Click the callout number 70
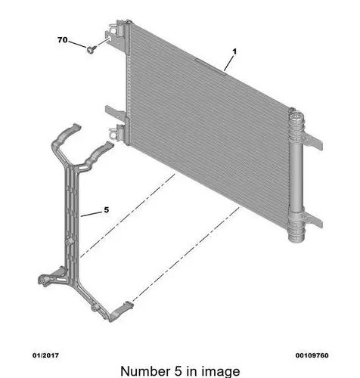pyautogui.click(x=63, y=40)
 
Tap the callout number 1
pyautogui.click(x=234, y=51)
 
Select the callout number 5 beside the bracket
pyautogui.click(x=107, y=209)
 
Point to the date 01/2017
pyautogui.click(x=45, y=355)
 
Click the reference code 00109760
pyautogui.click(x=312, y=355)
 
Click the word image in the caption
pyautogui.click(x=222, y=372)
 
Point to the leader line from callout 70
pyautogui.click(x=77, y=44)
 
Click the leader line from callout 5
pyautogui.click(x=92, y=214)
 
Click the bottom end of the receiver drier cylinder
pyautogui.click(x=296, y=238)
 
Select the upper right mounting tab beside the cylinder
pyautogui.click(x=314, y=141)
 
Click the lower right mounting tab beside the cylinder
pyautogui.click(x=314, y=220)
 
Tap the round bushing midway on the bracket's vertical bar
pyautogui.click(x=69, y=241)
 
